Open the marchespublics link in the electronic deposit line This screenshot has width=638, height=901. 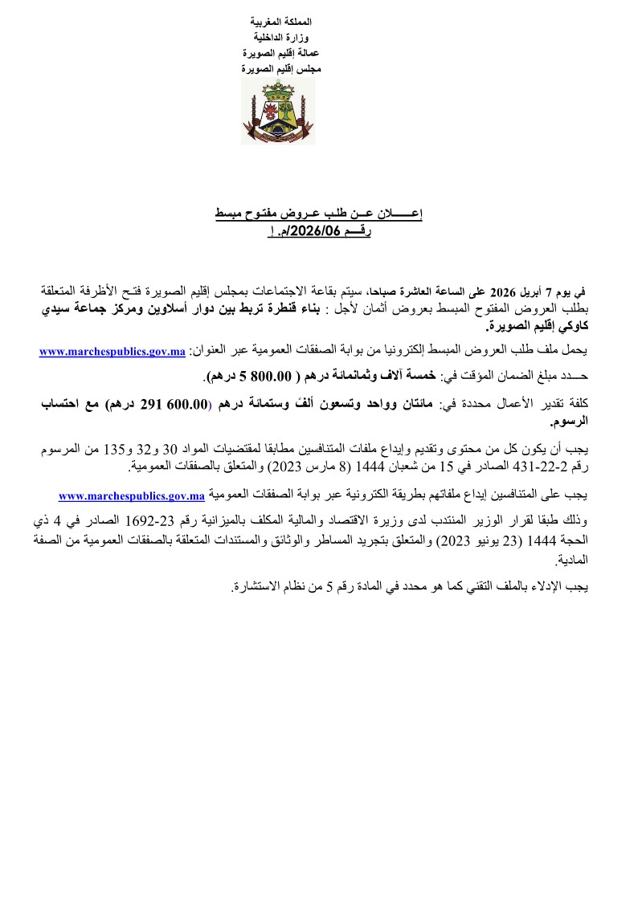tap(133, 495)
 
